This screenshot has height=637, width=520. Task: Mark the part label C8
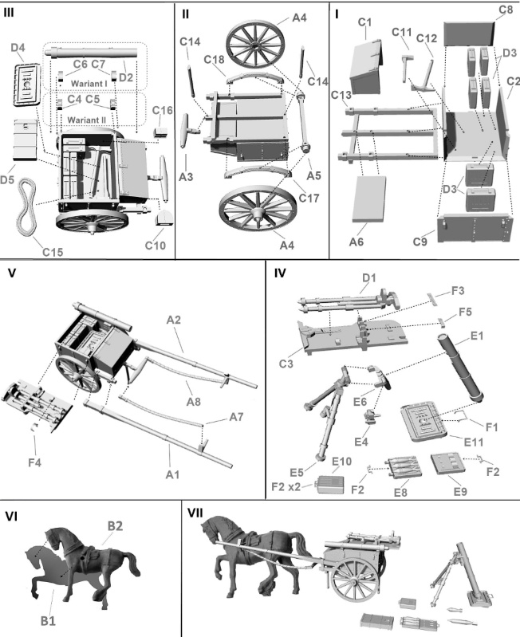pyautogui.click(x=505, y=10)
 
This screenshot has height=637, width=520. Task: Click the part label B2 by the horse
pyautogui.click(x=116, y=526)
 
